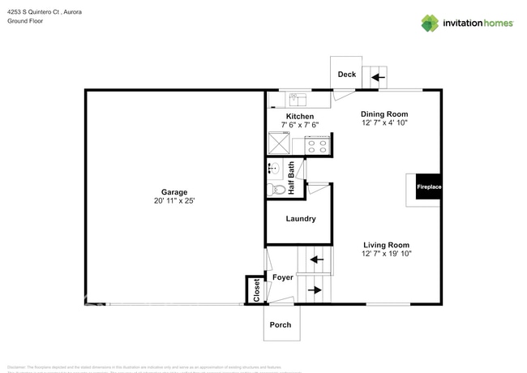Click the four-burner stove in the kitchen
[316, 146]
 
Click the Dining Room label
[383, 114]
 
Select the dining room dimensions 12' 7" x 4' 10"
[385, 124]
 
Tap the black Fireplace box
[429, 187]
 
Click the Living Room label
[385, 245]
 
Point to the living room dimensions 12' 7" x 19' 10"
[387, 255]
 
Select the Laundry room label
[301, 219]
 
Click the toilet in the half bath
[277, 189]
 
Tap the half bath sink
[274, 169]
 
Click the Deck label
[346, 75]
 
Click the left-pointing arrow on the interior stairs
[316, 260]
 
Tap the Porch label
[280, 325]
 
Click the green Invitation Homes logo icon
[430, 23]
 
